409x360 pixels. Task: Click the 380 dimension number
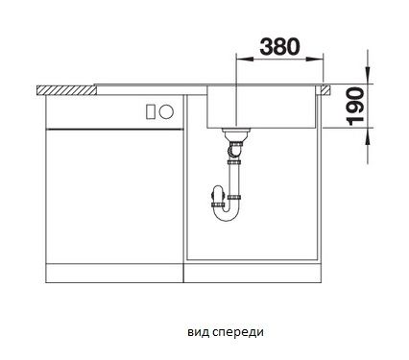click(279, 47)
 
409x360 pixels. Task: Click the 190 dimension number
click(355, 107)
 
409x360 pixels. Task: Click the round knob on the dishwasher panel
click(166, 111)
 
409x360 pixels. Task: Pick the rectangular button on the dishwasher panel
click(151, 112)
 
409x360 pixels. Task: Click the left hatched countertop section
click(66, 90)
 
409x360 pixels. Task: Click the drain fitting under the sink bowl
click(236, 134)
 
